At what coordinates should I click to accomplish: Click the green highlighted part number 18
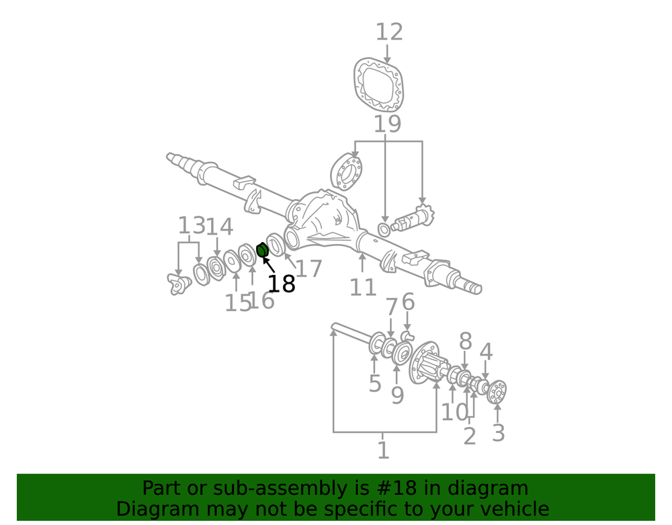(262, 250)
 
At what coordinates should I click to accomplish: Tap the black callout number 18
(281, 284)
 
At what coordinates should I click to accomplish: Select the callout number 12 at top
(389, 32)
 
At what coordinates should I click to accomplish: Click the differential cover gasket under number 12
(379, 85)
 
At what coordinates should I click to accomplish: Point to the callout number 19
(388, 124)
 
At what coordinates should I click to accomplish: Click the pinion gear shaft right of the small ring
(413, 219)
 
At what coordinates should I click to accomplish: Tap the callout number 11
(363, 287)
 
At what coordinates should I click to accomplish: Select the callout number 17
(308, 269)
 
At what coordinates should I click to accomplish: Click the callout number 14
(220, 227)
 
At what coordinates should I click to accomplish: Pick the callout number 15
(238, 303)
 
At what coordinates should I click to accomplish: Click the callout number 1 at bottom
(383, 450)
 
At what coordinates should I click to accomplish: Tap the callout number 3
(498, 432)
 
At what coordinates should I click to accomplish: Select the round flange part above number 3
(497, 392)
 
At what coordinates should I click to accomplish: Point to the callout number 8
(466, 341)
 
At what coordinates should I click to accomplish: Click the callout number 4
(486, 352)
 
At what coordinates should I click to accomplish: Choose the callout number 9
(397, 395)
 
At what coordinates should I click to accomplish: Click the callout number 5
(374, 382)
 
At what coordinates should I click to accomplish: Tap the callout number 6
(408, 302)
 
